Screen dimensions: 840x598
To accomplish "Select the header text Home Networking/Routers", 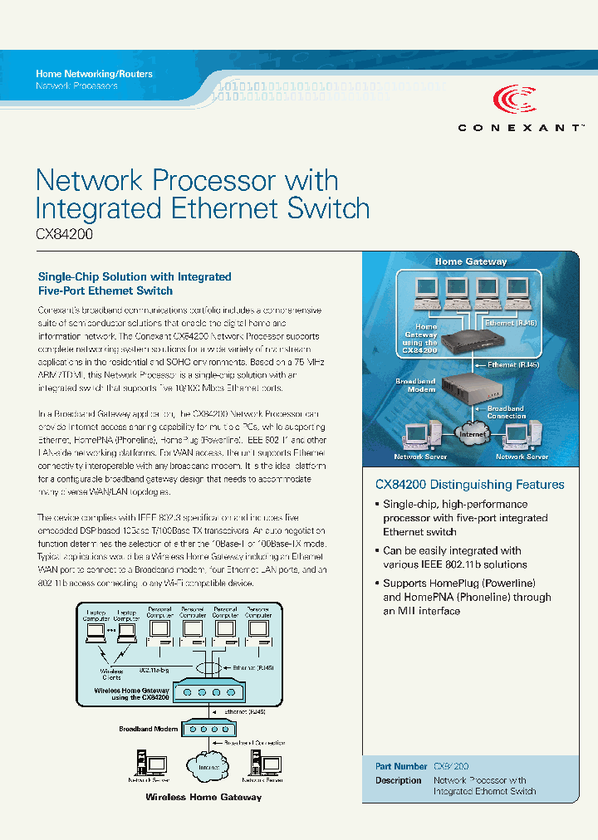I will (x=94, y=74).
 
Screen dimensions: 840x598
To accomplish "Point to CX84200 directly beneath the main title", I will (x=64, y=234).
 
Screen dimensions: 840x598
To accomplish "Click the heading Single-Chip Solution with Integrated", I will (x=135, y=276).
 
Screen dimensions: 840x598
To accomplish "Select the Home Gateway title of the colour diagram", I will (x=471, y=261).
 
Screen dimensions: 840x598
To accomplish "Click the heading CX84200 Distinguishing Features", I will (x=469, y=485).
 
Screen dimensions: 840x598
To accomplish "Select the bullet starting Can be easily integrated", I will (x=452, y=557).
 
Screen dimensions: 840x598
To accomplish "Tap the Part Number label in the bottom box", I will (x=401, y=767).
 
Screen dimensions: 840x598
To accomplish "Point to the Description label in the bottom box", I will (x=399, y=780).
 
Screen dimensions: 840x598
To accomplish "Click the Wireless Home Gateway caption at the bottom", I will (x=203, y=797).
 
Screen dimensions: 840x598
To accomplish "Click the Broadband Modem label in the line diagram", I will (x=148, y=728).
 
